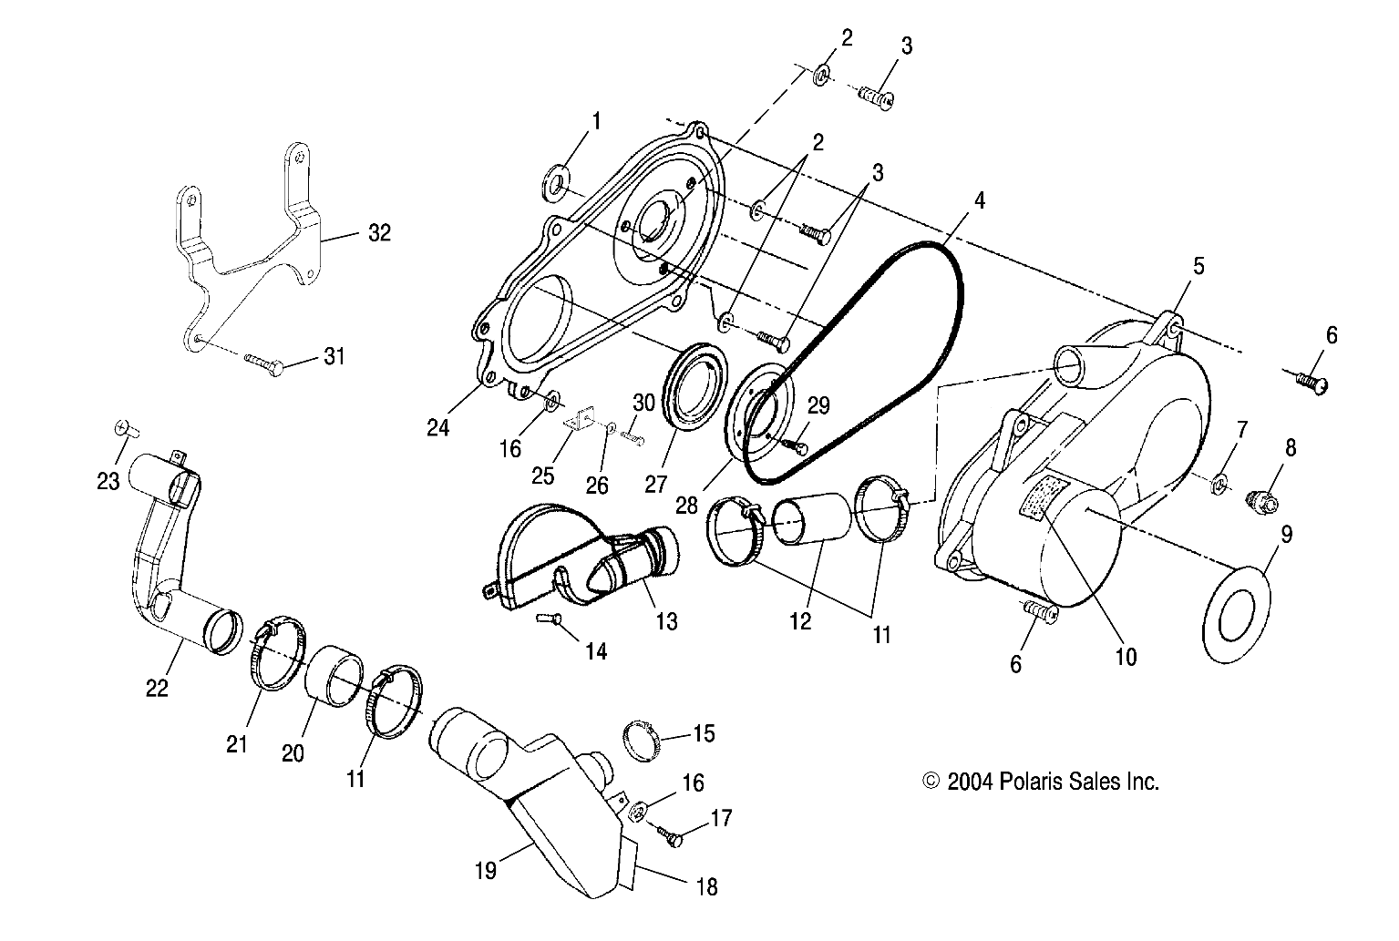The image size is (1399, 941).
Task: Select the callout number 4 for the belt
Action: pyautogui.click(x=979, y=199)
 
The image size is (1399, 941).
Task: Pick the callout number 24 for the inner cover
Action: pyautogui.click(x=438, y=427)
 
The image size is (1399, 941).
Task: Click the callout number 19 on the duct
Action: pyautogui.click(x=486, y=871)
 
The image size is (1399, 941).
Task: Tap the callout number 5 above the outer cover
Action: pyautogui.click(x=1198, y=266)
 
